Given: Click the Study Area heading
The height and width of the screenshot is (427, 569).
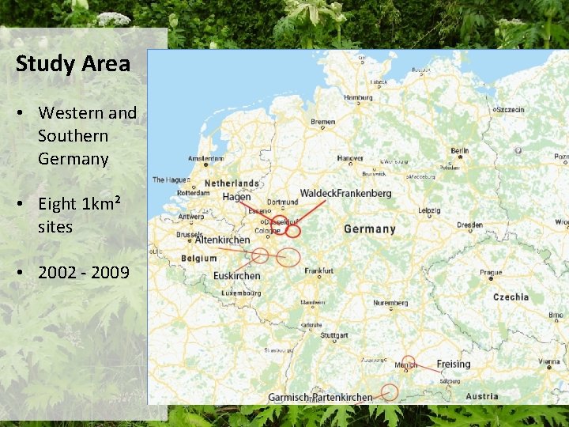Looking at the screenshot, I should pos(73,64).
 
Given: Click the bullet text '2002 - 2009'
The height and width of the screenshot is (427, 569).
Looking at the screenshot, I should pos(84,273).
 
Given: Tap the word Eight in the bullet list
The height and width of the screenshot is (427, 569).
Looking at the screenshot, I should pos(58,204).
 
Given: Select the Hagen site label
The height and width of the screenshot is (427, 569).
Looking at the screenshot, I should pos(236,197).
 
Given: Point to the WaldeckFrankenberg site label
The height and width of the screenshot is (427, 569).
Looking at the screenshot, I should pos(345,193).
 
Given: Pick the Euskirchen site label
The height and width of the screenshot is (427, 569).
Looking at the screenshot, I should pos(236,276).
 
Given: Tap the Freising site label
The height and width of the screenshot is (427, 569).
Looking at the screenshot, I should pos(453,365).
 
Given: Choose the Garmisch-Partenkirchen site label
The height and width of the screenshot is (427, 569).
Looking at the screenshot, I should pos(320,397).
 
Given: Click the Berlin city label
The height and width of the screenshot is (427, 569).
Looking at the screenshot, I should pos(459,150).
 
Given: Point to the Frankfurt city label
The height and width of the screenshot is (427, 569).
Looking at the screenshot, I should pos(319,270).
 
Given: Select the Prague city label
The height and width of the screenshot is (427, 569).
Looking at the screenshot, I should pos(490,273).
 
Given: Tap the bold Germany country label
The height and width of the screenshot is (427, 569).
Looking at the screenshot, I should pos(370,229).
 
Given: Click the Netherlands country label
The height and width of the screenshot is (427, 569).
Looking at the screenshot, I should pos(232,183).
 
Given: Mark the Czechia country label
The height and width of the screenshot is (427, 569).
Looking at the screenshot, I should pos(511,297).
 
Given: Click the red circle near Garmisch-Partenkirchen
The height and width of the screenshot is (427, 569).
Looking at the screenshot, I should pos(389,391).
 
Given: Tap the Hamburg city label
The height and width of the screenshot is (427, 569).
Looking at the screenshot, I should pos(358,97).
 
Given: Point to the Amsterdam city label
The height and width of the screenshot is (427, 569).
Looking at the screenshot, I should pos(206,158).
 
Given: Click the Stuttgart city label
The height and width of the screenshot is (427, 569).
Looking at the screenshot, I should pos(333,335).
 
